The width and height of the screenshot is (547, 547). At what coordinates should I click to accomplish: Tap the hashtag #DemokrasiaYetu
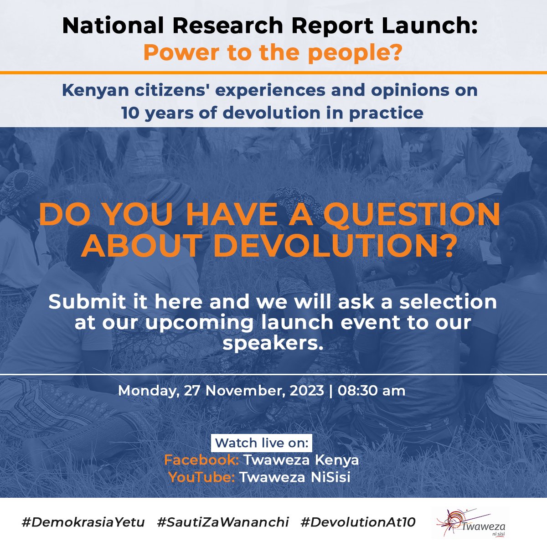click(83, 522)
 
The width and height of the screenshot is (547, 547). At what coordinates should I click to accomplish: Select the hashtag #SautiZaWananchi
click(223, 522)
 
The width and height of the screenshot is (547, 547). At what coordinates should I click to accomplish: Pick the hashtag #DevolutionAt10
click(358, 522)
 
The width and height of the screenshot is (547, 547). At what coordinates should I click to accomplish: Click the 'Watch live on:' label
click(262, 443)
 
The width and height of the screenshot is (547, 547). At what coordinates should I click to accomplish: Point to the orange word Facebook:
click(201, 460)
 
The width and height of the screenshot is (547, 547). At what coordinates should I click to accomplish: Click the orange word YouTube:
click(201, 477)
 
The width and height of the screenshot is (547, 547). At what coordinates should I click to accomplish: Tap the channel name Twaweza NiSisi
click(295, 477)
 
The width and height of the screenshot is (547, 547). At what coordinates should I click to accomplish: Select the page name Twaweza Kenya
click(301, 460)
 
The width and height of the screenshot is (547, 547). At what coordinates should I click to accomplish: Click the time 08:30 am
click(372, 391)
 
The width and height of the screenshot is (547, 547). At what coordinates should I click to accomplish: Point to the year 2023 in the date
click(307, 391)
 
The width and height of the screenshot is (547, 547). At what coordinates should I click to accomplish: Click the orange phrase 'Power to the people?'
click(273, 53)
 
